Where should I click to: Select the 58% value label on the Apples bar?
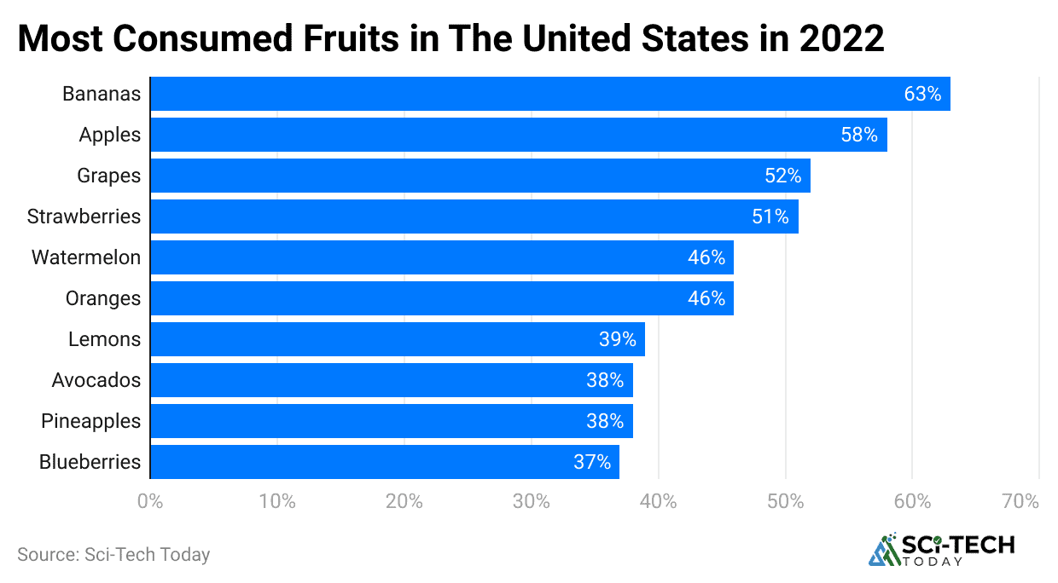(859, 135)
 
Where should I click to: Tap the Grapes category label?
(108, 176)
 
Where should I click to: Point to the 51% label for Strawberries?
(770, 216)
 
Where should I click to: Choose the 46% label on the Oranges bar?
(706, 298)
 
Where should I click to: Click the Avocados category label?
(96, 380)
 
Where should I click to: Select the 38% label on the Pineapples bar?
(605, 421)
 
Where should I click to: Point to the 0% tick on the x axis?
(150, 501)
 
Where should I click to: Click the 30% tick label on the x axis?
(531, 501)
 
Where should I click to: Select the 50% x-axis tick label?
(785, 501)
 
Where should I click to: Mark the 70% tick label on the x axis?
(1020, 501)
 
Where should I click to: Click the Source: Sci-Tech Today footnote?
(113, 554)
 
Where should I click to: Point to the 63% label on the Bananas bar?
(922, 94)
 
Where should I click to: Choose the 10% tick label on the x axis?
(277, 501)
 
